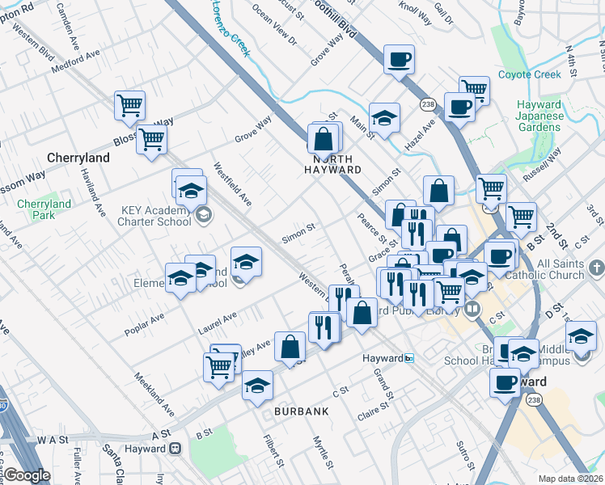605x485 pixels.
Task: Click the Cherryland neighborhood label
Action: tap(78, 158)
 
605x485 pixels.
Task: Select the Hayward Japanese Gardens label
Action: tap(539, 116)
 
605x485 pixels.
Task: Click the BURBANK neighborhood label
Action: tap(301, 411)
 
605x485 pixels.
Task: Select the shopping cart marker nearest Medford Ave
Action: tap(129, 105)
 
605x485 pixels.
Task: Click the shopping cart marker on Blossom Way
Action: tap(152, 139)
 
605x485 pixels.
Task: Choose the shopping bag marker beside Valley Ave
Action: tap(290, 347)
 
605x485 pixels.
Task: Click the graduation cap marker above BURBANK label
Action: tap(258, 384)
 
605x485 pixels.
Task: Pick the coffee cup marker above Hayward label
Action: tap(505, 382)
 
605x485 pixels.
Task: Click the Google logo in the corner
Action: tap(27, 475)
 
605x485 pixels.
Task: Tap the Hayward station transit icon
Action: tap(409, 358)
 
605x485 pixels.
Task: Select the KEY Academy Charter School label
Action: tap(156, 217)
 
